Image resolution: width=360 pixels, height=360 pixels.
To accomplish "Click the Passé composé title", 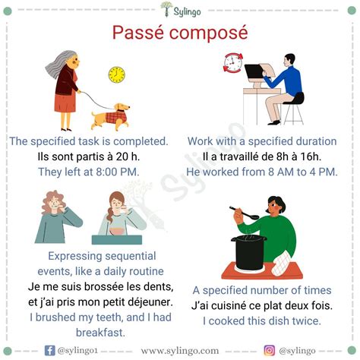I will click(x=180, y=33).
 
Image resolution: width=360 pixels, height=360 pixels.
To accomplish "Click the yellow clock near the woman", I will click(x=116, y=74).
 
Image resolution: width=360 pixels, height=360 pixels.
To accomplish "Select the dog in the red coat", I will click(x=111, y=116).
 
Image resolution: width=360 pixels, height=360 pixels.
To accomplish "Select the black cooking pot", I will click(x=250, y=251).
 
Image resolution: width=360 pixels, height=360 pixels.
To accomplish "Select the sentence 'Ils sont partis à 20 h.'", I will click(x=88, y=156).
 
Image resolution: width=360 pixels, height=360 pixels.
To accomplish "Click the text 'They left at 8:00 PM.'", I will click(x=88, y=172).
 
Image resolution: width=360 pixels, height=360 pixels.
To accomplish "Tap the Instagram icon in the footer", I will click(x=269, y=350).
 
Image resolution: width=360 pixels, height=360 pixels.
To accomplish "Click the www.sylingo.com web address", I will click(x=179, y=350).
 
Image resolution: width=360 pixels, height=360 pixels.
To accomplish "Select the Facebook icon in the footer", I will click(x=50, y=350).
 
